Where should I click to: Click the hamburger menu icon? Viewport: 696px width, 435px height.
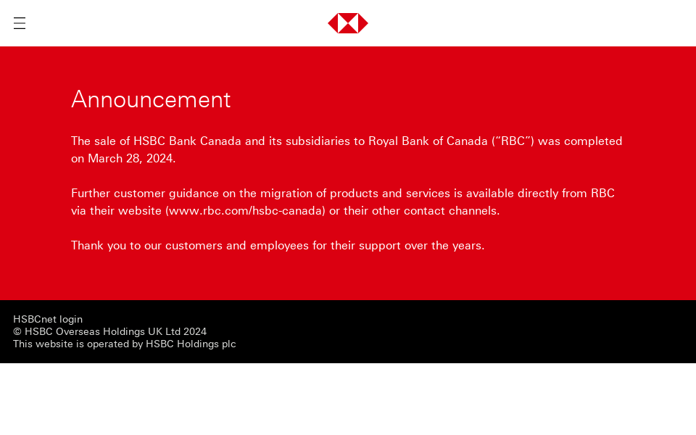20,23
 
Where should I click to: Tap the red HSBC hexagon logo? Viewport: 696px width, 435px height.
348,23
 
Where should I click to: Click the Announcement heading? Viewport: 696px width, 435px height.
151,99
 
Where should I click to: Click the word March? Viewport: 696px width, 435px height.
104,158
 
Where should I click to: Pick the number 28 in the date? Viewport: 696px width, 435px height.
133,158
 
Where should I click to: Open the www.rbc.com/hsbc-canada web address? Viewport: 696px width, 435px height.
245,210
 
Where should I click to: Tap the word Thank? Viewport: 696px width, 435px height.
87,245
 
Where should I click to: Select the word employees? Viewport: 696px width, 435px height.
279,245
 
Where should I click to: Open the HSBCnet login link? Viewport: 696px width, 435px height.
48,319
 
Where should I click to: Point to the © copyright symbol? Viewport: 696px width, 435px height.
17,331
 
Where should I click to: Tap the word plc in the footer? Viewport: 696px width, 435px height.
229,344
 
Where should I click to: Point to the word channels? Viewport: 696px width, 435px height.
473,210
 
